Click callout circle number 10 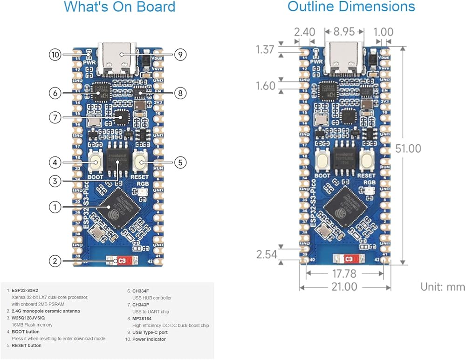click(55, 54)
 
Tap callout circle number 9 click(180, 54)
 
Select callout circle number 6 click(55, 93)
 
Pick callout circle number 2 click(55, 261)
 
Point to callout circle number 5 click(180, 163)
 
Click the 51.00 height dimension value click(408, 149)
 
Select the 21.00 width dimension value click(344, 287)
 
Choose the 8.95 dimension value click(344, 32)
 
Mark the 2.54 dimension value click(267, 255)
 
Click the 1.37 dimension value click(265, 49)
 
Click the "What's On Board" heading click(119, 7)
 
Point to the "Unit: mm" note click(443, 286)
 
